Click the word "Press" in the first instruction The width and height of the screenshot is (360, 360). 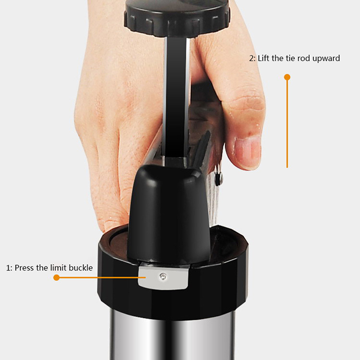tap(25, 268)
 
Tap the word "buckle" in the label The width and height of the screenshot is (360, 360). tap(81, 268)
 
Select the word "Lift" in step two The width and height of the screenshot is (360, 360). tap(263, 58)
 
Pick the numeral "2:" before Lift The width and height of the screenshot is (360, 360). tap(252, 58)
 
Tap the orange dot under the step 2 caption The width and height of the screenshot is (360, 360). tap(287, 77)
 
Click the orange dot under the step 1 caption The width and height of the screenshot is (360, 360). tap(57, 278)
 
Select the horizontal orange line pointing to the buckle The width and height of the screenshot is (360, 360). tap(101, 278)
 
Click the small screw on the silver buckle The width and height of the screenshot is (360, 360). tap(163, 277)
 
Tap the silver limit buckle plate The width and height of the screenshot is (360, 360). tap(163, 277)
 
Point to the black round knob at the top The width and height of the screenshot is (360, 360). tap(177, 17)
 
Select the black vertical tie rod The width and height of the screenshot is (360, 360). tap(177, 99)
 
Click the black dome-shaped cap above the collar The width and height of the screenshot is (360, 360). tap(169, 213)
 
